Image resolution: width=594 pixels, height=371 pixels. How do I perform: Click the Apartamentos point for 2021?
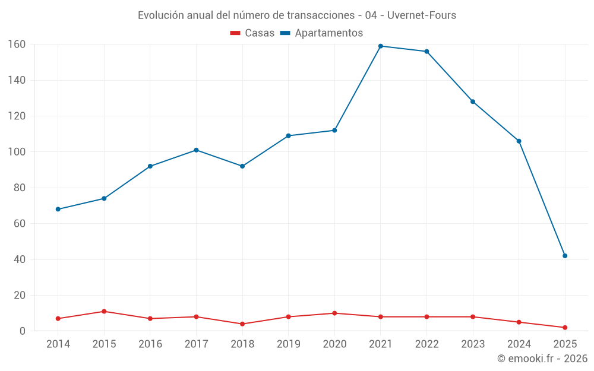381,46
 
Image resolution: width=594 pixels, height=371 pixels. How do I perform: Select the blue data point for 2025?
565,256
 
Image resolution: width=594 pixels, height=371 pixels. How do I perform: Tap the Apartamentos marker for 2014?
58,209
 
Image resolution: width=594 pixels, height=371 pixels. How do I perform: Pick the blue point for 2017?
196,150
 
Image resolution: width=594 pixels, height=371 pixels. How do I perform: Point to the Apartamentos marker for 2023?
473,102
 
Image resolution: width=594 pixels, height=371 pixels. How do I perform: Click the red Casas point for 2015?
104,311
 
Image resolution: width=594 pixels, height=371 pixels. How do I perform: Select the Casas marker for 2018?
242,324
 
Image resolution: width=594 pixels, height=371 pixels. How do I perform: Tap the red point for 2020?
334,313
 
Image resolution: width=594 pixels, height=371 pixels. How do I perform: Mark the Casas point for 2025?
565,328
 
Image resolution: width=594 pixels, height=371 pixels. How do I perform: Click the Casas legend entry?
252,33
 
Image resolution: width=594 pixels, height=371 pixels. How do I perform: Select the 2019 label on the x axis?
289,344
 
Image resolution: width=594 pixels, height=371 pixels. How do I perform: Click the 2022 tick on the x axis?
426,344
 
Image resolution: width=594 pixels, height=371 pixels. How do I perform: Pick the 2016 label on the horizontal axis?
150,344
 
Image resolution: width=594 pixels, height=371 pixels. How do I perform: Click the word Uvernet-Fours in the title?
422,15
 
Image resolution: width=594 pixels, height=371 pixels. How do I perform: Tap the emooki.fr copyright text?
542,359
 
